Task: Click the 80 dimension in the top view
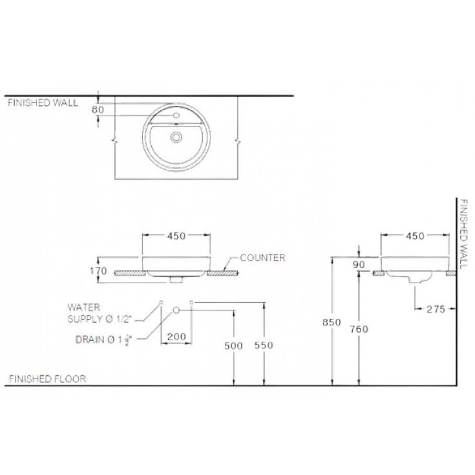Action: click(98, 109)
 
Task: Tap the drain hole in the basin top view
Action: click(176, 137)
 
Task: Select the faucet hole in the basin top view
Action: click(176, 115)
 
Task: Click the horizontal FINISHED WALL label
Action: click(43, 103)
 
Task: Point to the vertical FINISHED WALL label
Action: click(464, 234)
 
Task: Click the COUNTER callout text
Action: click(262, 258)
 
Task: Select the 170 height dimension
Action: click(98, 271)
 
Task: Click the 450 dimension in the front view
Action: click(176, 236)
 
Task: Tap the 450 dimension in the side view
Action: click(415, 236)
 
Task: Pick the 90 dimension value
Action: click(359, 265)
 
